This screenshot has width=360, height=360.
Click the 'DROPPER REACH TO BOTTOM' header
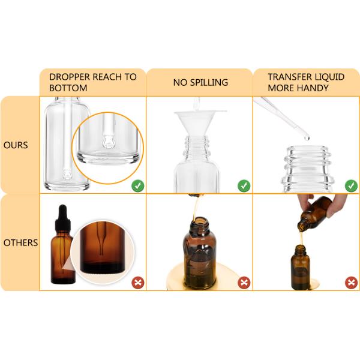pos(93,82)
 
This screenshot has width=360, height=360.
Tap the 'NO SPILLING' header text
pos(200,82)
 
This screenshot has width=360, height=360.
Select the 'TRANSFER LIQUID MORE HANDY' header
pos(306,82)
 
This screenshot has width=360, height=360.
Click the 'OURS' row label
pos(16,145)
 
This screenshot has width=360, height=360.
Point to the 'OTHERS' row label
pos(20,242)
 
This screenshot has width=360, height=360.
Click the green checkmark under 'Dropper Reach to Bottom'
pos(138,186)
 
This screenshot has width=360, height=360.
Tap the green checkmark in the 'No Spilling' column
pos(244,186)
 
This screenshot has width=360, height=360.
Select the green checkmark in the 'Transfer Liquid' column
pos(351,186)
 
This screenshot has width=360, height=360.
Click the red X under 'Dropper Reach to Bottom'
pos(138,283)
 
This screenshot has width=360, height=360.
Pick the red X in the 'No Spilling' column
pos(244,283)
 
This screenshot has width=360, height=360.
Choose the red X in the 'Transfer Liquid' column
pos(351,283)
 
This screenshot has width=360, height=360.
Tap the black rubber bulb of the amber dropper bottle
pos(62,213)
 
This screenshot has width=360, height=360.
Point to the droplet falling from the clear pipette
pos(307,138)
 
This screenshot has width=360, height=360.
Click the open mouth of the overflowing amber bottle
pos(200,221)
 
